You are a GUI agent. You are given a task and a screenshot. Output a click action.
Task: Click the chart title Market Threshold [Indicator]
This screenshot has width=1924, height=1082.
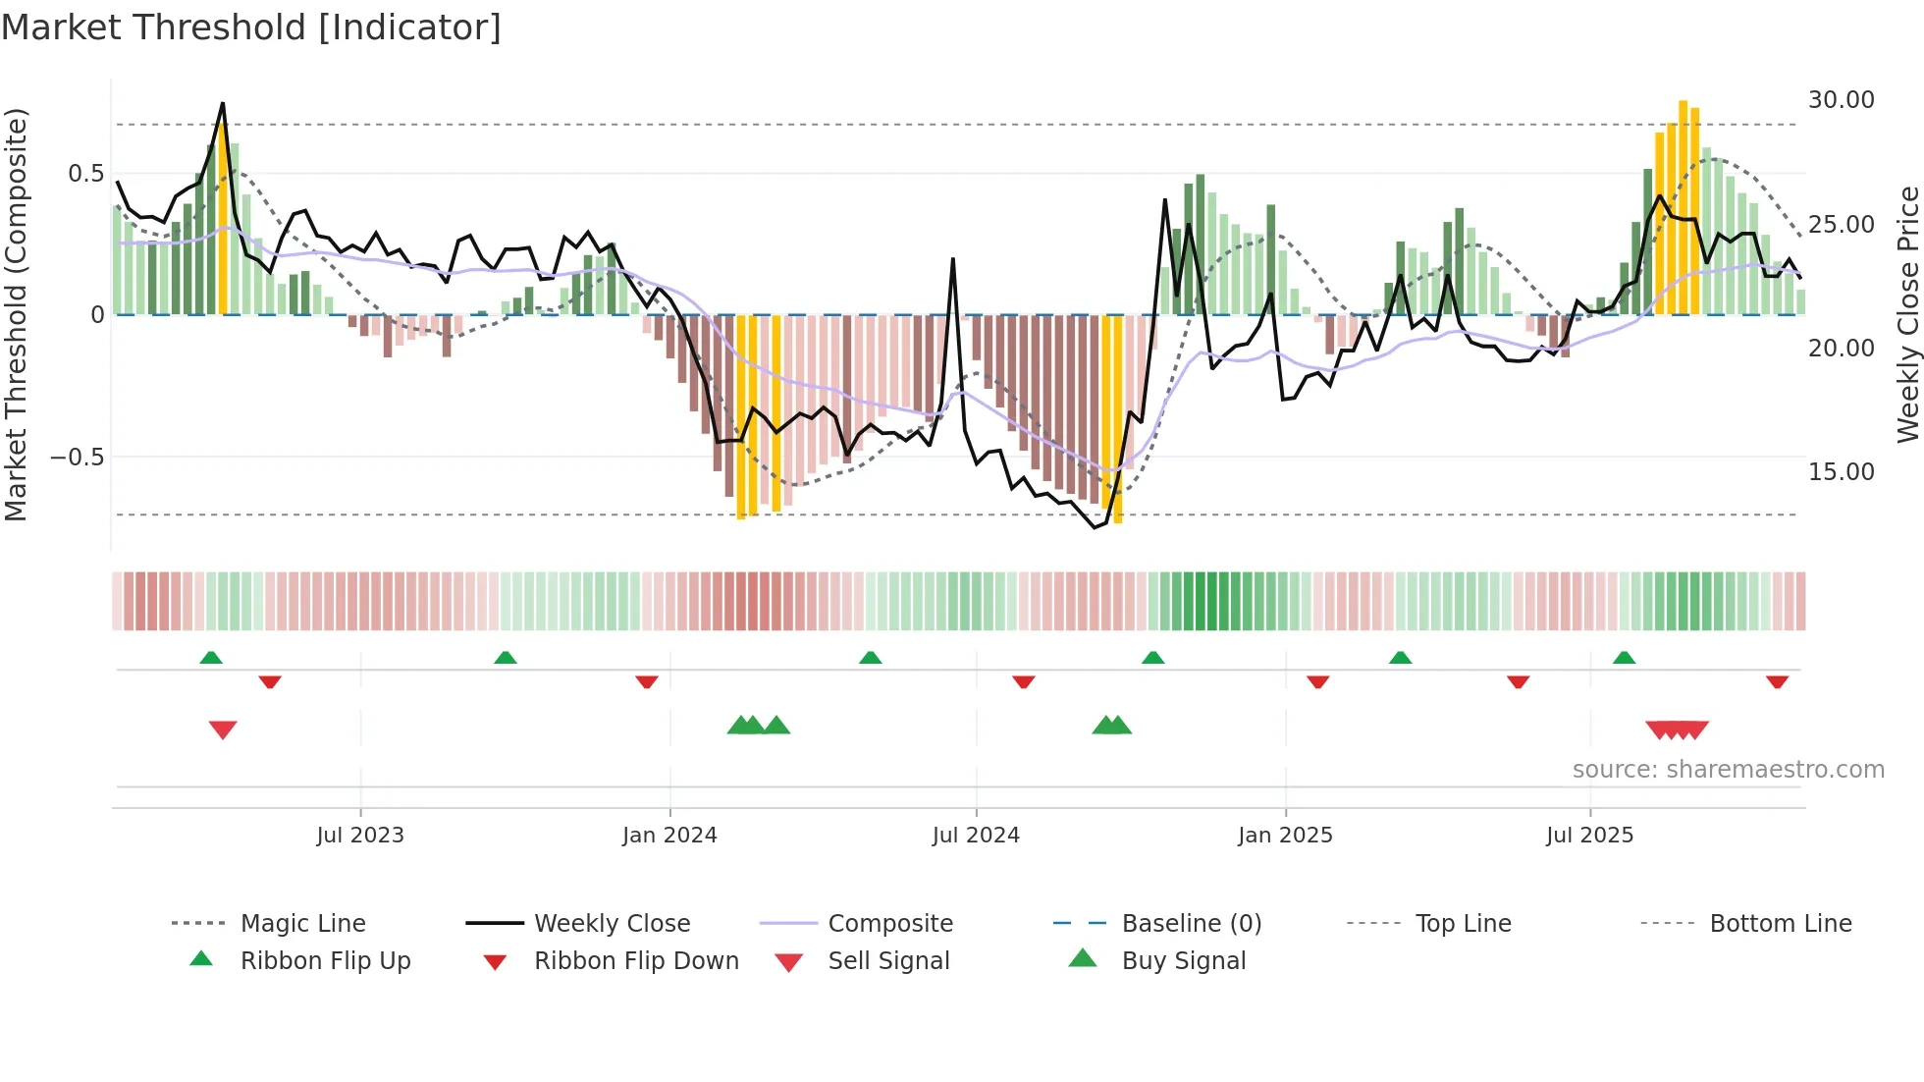251,27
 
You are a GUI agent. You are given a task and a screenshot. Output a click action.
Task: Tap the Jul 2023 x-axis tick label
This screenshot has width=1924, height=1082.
360,836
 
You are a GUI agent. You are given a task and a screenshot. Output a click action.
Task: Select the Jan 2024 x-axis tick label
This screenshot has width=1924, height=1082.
669,836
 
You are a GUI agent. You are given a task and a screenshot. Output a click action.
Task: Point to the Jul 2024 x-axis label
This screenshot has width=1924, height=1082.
976,836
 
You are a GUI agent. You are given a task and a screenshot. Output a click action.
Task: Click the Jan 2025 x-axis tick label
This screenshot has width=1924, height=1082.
1285,836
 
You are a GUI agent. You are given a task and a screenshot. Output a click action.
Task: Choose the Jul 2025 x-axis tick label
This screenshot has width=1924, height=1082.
1589,836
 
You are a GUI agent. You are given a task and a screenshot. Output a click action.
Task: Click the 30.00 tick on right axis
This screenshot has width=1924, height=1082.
1841,100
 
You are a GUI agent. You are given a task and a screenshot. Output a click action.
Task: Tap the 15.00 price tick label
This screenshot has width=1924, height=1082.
1841,472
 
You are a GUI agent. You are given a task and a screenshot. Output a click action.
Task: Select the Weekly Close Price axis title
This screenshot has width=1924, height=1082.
1907,314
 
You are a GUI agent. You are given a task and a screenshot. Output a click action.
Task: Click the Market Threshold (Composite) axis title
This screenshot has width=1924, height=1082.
16,314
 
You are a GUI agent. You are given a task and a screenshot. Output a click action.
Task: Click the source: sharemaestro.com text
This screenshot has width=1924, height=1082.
1728,770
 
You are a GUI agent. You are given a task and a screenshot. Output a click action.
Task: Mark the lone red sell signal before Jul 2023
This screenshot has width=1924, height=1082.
223,730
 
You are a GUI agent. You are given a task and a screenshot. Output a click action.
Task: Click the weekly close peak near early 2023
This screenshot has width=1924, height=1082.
223,103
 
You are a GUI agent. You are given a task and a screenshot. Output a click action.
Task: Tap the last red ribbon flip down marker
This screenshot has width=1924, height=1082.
1777,681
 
